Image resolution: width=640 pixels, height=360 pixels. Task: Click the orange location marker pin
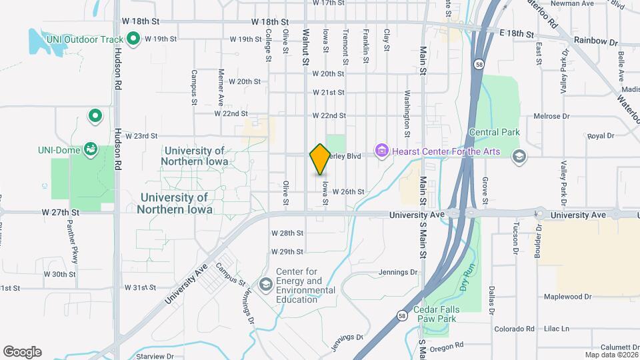[320, 159]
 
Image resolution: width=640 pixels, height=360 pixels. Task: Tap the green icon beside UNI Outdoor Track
[133, 39]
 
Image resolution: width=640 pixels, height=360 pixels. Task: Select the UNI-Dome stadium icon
[90, 149]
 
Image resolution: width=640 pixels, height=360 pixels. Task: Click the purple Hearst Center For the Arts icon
[381, 151]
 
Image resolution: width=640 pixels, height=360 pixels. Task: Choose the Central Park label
[494, 132]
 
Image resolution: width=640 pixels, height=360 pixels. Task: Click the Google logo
[22, 351]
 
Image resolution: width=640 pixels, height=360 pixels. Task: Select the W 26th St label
[348, 192]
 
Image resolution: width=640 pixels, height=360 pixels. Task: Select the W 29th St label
[287, 251]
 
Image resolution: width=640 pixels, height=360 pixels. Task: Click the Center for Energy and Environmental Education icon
[265, 285]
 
